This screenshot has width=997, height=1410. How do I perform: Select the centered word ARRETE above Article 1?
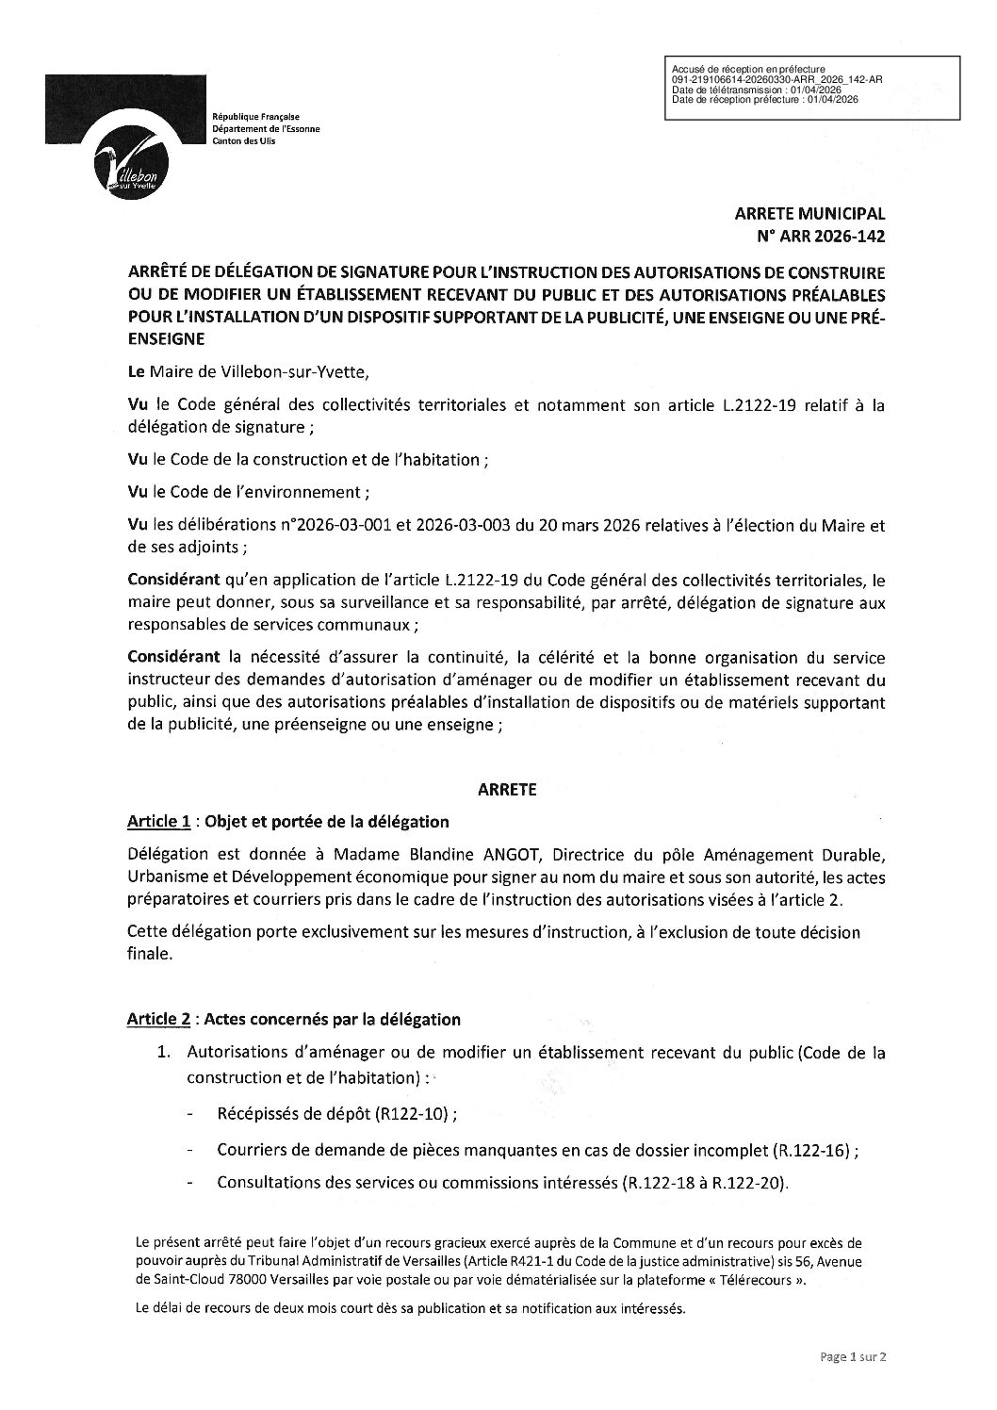(x=507, y=791)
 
